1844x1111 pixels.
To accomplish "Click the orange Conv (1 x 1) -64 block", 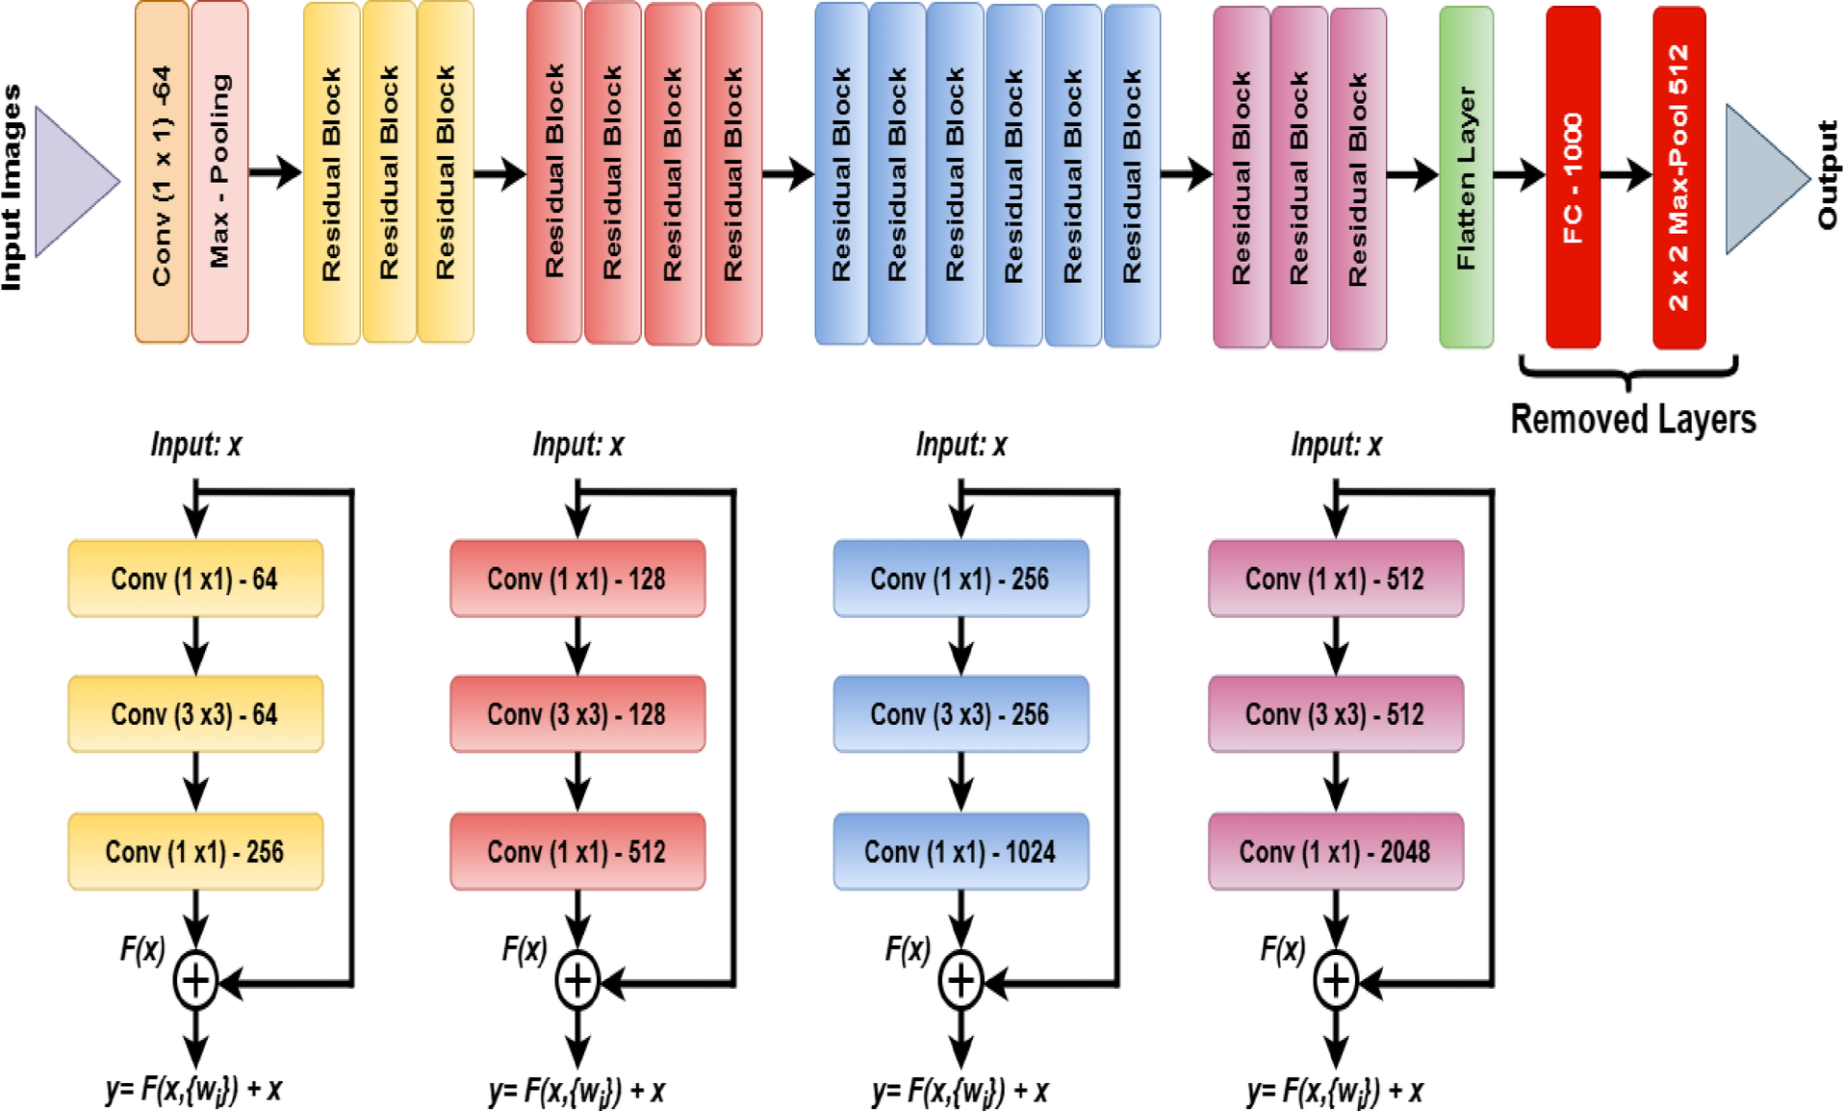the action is point(162,172).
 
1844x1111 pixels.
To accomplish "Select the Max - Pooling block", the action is point(219,172).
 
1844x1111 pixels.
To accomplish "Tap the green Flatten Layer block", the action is point(1466,177).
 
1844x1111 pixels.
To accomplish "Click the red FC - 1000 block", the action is point(1573,177).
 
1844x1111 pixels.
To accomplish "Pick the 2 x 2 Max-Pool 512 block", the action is point(1678,177).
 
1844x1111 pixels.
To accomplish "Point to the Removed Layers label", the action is point(1633,420).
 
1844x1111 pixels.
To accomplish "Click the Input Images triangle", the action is point(77,181).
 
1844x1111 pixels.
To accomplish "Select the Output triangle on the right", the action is point(1767,179).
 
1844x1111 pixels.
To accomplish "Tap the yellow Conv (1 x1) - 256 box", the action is point(195,851).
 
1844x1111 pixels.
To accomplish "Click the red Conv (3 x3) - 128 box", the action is point(577,714).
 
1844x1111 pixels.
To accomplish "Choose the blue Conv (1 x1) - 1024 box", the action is point(960,851).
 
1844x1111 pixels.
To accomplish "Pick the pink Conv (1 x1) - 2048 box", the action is point(1336,851).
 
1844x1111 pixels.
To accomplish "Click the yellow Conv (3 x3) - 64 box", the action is point(195,714).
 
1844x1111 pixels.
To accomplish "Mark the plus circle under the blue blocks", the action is point(960,981).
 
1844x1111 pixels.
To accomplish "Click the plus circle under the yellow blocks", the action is point(195,981).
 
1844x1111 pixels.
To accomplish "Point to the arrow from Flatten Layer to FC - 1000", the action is point(1520,175).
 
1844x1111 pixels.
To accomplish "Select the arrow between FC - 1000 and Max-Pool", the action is point(1626,175).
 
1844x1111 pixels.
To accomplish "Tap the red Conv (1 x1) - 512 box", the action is point(577,851).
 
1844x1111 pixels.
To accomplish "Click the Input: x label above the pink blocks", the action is point(1336,445).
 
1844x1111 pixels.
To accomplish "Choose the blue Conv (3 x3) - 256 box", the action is point(960,714).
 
